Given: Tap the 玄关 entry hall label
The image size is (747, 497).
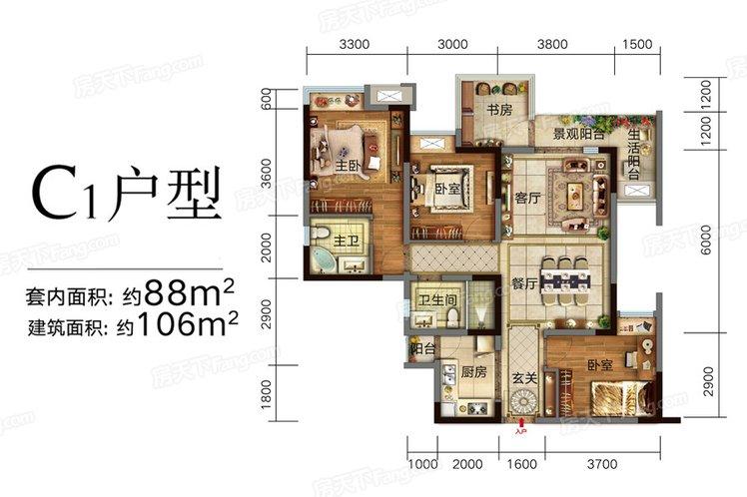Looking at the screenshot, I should click(x=525, y=380).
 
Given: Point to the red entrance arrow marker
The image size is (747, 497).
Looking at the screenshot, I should click(x=518, y=432).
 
